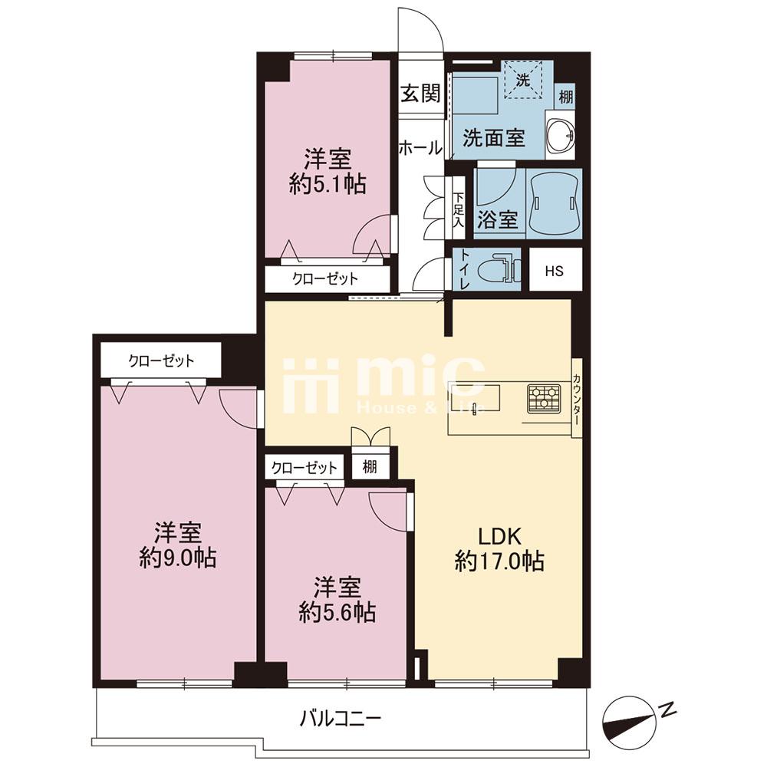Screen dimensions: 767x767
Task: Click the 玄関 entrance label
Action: point(420,93)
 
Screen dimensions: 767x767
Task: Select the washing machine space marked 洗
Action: point(523,79)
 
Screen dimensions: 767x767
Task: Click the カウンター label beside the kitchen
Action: point(577,399)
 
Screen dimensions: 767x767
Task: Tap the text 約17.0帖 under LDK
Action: point(499,561)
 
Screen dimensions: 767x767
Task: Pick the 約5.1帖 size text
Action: point(328,184)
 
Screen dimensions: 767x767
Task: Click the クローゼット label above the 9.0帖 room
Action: point(161,361)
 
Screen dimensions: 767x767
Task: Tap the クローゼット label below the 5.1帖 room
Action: point(325,279)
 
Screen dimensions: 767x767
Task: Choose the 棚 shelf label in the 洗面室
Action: point(566,97)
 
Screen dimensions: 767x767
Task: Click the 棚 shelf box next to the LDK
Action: point(370,467)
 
